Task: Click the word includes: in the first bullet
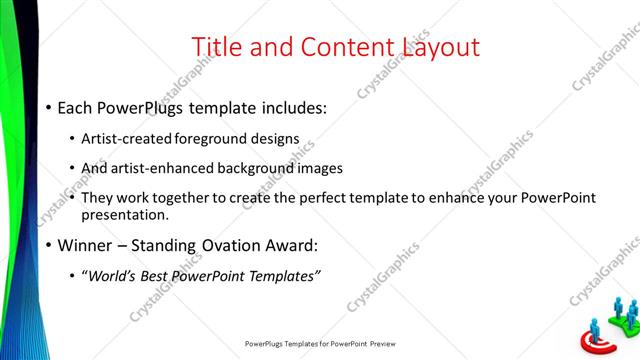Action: (289, 107)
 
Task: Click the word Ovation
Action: (243, 245)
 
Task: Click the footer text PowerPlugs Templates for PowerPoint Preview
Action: (320, 343)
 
